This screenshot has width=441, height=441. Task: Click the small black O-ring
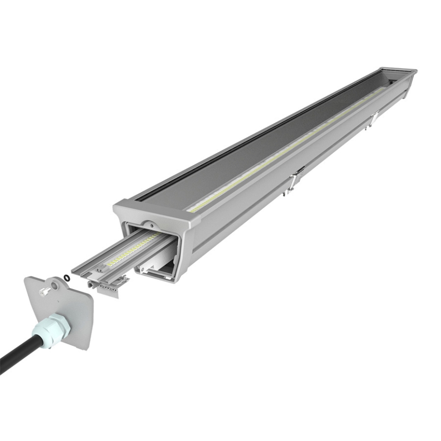pyautogui.click(x=67, y=277)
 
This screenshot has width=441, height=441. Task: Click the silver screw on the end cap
pyautogui.click(x=45, y=291)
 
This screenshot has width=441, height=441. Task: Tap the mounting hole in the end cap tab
pyautogui.click(x=54, y=286)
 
